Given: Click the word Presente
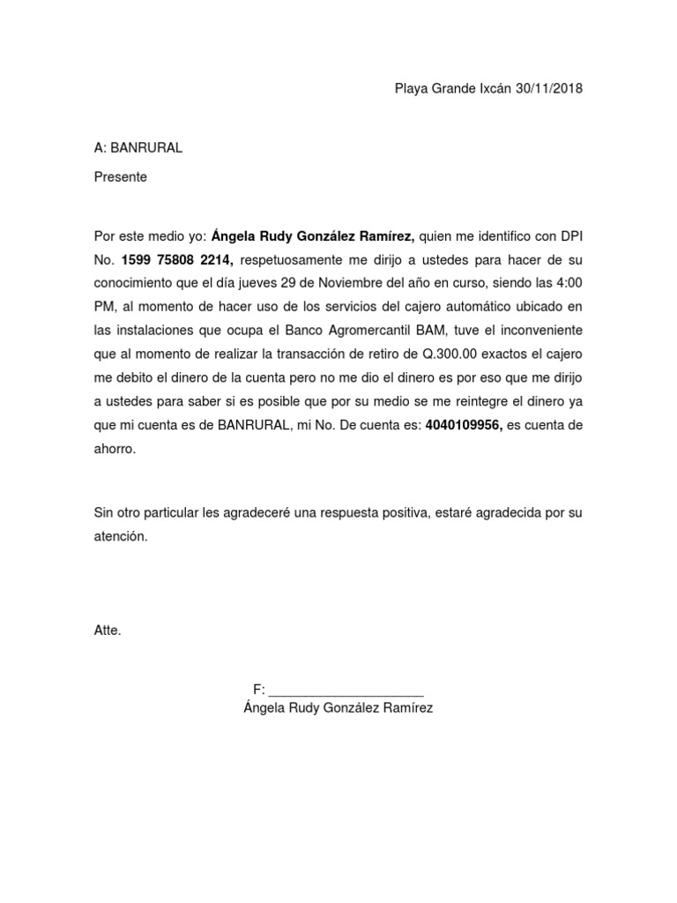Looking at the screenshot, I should click(121, 177).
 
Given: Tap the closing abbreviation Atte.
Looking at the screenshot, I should click(108, 631).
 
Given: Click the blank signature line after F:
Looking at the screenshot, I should click(346, 690).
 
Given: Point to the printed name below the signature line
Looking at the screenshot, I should click(338, 709).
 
